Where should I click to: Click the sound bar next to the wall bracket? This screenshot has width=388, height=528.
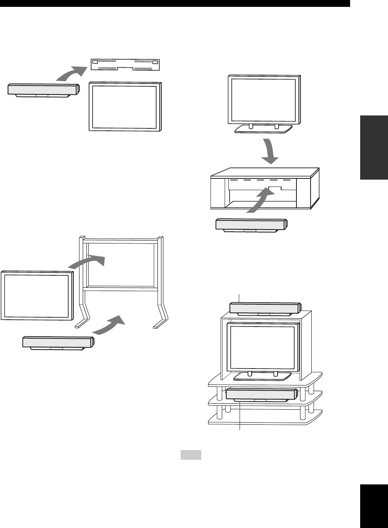pos(43,90)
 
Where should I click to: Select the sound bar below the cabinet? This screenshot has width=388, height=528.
pos(251,224)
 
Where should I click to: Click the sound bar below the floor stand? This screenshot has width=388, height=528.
pos(58,342)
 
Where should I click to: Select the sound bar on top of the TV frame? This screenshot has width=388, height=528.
pos(264,308)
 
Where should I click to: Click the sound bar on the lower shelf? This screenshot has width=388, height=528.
pos(261,394)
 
